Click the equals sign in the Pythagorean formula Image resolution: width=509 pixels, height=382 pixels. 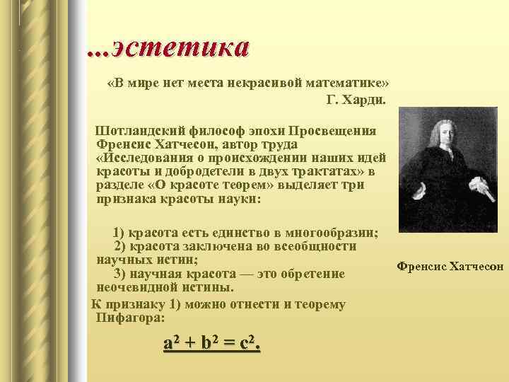click(x=228, y=345)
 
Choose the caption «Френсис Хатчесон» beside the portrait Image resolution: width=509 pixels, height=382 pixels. click(x=450, y=266)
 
